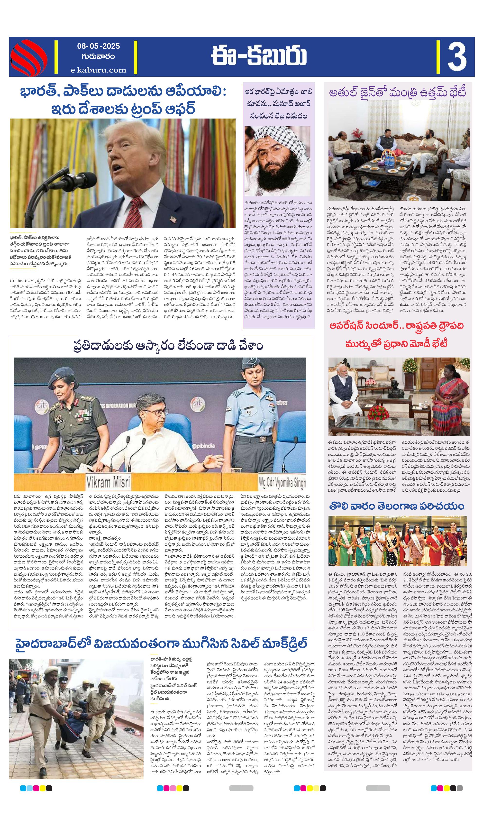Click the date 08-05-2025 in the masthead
click(x=98, y=46)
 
